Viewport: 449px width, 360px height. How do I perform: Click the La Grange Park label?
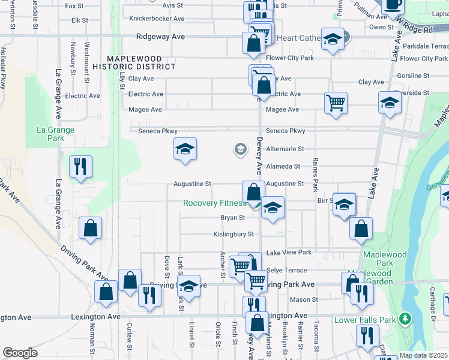coord(55,133)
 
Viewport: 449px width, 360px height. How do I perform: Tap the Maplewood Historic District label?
coord(141,62)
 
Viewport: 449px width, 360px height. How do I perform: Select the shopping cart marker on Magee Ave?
coord(336,102)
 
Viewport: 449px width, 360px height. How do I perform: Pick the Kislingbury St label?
coord(234,235)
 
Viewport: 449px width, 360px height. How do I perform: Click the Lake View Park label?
coord(289,253)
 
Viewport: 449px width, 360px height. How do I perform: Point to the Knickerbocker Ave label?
coord(157,19)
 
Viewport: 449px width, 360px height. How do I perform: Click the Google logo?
coord(20,353)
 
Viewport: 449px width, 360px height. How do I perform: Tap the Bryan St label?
coord(233,218)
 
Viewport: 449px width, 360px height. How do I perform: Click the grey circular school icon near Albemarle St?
coord(240,149)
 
